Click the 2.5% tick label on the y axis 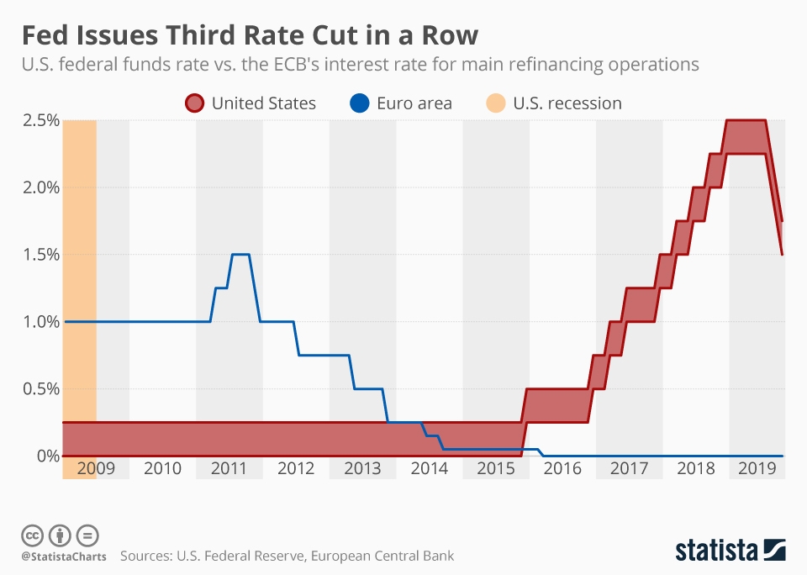coord(40,120)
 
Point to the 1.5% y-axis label coord(40,255)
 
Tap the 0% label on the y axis coord(46,456)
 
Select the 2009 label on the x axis coord(96,467)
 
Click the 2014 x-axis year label coord(429,467)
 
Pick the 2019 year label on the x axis coord(756,467)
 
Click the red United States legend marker coord(193,103)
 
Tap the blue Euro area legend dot coord(357,103)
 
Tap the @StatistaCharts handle coord(60,556)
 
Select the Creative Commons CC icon coord(32,535)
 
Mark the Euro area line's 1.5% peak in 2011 coord(240,254)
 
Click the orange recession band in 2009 coord(80,294)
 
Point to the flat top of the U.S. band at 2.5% coord(746,120)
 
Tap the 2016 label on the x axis coord(562,467)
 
